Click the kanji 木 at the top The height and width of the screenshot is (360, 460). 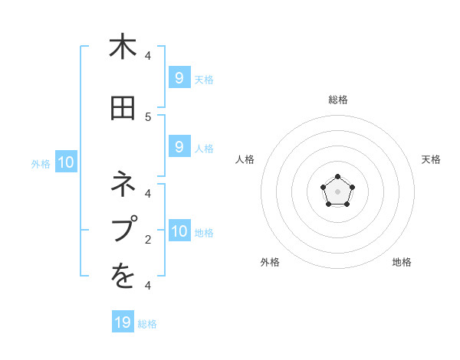coord(123,47)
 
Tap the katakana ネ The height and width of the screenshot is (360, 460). coord(123,185)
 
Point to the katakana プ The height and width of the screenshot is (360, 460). coord(123,229)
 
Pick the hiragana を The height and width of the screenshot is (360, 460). coord(123,277)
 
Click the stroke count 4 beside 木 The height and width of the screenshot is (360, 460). coord(148,56)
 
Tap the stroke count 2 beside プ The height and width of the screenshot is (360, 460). coord(148,240)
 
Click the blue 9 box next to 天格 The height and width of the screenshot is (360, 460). coord(179,77)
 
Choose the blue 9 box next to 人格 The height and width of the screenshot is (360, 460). coord(179,146)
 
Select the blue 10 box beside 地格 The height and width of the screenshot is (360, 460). coord(179,231)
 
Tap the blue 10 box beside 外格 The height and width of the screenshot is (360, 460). coord(65,162)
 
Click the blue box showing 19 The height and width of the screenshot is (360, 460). coord(123,322)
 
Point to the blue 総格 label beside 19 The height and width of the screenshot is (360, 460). coord(147,324)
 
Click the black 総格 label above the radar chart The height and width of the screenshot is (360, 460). coord(338,100)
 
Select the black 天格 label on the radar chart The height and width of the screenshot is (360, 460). coord(432,159)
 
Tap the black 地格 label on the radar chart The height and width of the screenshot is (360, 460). coord(402,262)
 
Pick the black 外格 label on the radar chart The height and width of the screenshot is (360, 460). coord(270,262)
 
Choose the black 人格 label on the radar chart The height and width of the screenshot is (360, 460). coord(245,159)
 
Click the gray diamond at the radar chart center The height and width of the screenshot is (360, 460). coord(337,192)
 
